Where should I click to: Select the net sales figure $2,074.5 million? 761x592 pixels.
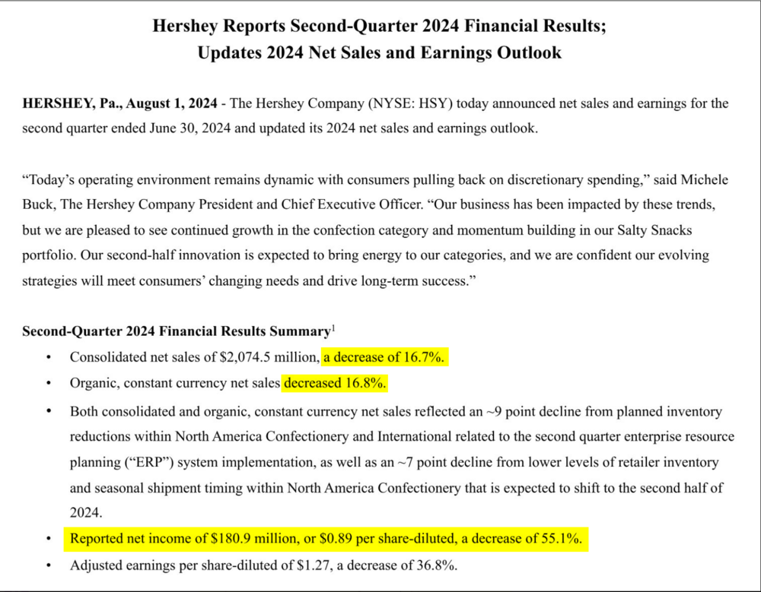tap(262, 357)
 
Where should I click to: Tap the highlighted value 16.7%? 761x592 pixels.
tap(425, 357)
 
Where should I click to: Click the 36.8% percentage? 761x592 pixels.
tap(438, 565)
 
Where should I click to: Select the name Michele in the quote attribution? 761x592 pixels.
tap(703, 180)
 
